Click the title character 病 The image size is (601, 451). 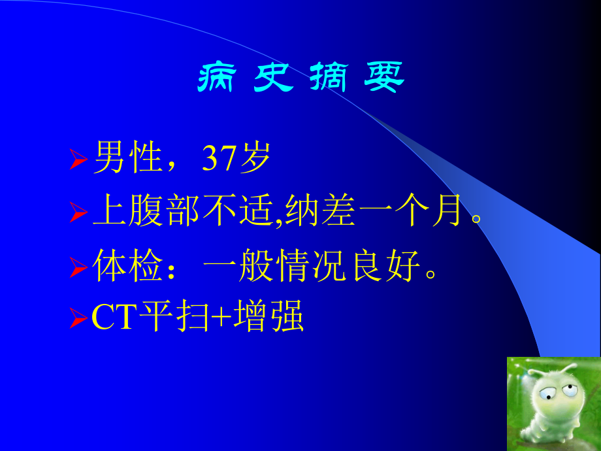(x=216, y=79)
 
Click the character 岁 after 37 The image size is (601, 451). (x=255, y=159)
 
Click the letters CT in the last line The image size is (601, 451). (x=115, y=318)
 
